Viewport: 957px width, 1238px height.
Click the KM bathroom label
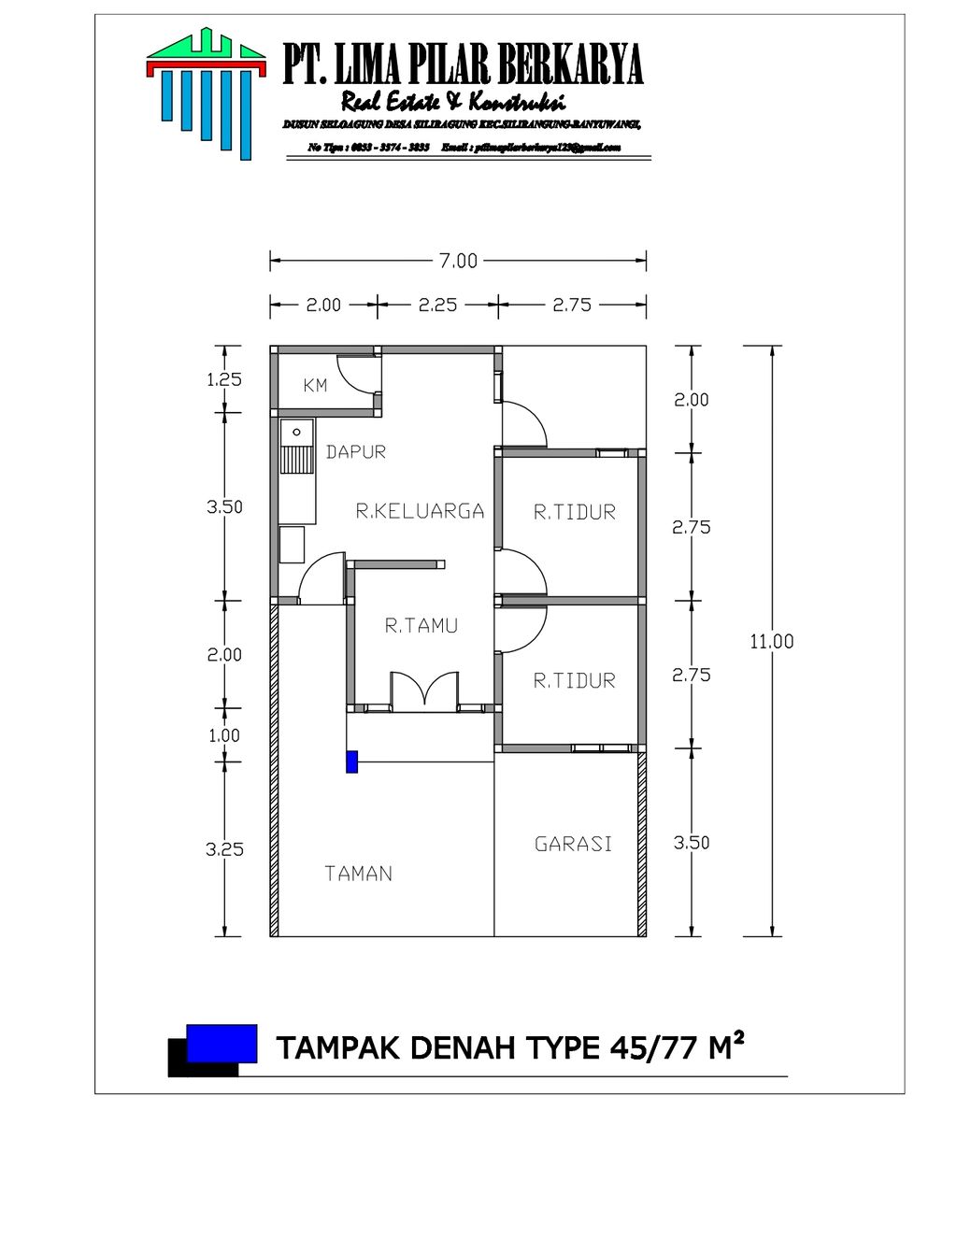(x=315, y=385)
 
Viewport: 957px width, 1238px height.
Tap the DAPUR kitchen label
(x=355, y=452)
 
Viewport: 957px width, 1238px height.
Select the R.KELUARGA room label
(x=420, y=511)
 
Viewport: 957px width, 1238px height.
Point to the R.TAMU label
(x=421, y=626)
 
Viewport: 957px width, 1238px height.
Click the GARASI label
(x=573, y=844)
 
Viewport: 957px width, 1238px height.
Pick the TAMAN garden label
(x=358, y=874)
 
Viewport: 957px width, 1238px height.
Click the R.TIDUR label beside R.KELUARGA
(x=574, y=512)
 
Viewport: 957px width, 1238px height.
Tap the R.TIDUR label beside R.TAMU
(x=574, y=681)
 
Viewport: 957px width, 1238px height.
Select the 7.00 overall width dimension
(x=458, y=261)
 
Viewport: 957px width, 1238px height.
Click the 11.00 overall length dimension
(x=771, y=641)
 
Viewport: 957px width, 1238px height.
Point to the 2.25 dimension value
(x=437, y=305)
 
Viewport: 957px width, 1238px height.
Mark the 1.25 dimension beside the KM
(x=223, y=379)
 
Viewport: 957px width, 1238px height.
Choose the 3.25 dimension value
(x=224, y=849)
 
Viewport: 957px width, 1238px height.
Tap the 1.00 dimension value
(x=224, y=735)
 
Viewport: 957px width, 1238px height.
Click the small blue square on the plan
(x=351, y=761)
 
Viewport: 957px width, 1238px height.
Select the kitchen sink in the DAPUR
(x=296, y=448)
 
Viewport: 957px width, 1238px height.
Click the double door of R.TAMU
(x=424, y=691)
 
